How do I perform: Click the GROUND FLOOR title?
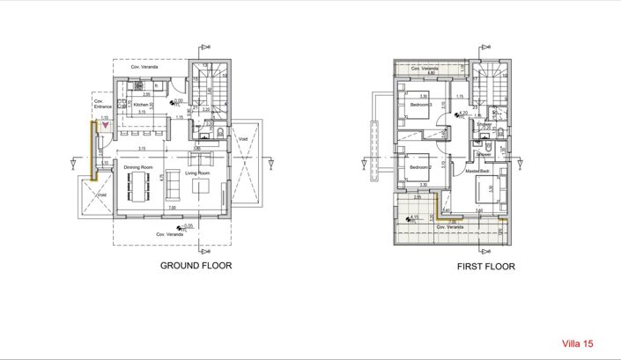tap(196, 264)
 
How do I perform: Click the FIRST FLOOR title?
tap(485, 266)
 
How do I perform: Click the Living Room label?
tap(197, 173)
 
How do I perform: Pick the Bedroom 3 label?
tap(422, 105)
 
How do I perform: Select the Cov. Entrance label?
tap(99, 104)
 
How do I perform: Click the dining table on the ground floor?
tap(139, 186)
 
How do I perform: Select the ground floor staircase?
tap(211, 88)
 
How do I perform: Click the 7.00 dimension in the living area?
tap(173, 207)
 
